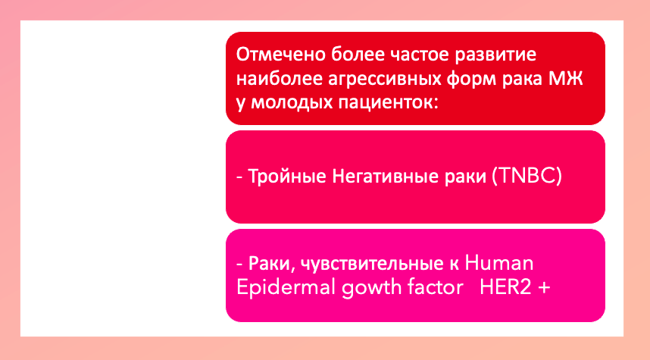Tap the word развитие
point(495,55)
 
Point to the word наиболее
point(280,79)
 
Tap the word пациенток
point(388,103)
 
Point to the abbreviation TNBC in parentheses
point(527,177)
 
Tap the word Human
point(499,263)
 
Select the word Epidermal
point(286,287)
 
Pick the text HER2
point(505,287)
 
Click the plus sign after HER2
point(544,287)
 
